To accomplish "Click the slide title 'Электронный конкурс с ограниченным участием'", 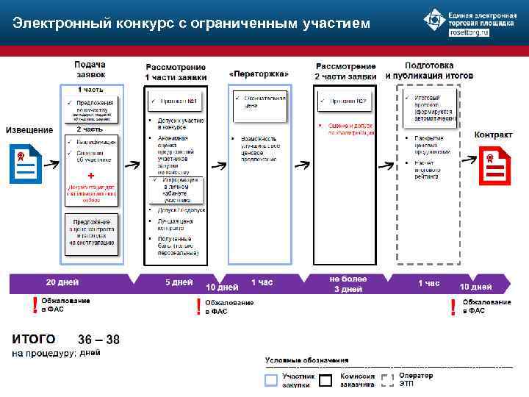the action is click(187, 24).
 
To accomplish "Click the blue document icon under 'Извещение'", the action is click(24, 164).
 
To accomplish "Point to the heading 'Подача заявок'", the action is click(89, 70).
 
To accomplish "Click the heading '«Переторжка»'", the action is click(259, 75).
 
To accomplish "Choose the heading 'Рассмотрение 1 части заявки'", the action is click(176, 72).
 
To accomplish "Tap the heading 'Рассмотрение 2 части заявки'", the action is click(345, 72).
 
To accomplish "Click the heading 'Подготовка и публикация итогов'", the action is click(428, 71).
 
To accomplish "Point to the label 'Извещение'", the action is click(29, 131).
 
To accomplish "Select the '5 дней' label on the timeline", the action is click(179, 282).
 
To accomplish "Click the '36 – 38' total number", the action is click(98, 340).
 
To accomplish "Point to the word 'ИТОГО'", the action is click(34, 339).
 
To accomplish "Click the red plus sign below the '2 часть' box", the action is click(90, 176).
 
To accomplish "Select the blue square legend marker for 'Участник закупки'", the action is click(271, 380).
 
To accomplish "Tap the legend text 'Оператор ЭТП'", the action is click(417, 380).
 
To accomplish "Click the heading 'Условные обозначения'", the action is click(306, 360).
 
